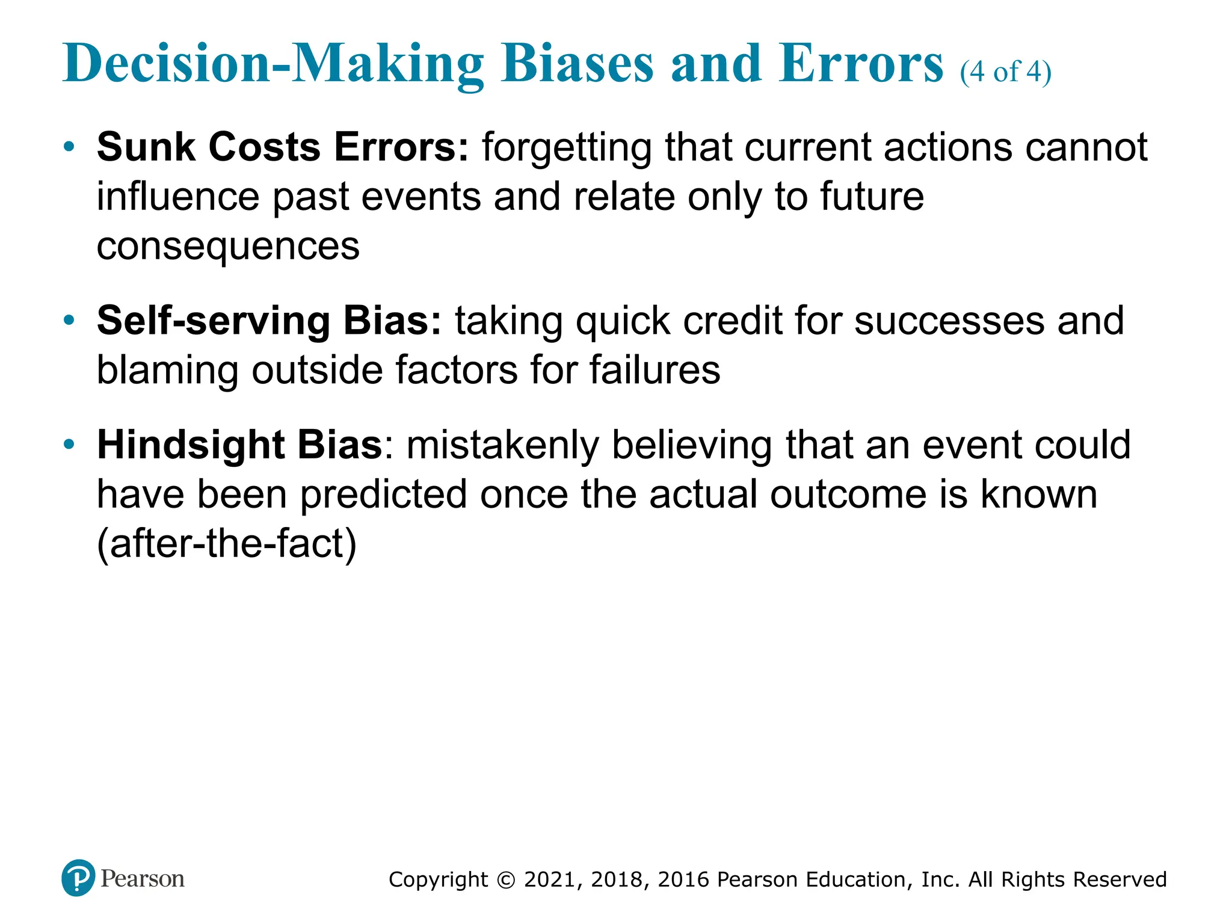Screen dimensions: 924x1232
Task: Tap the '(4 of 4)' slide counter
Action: pos(1005,72)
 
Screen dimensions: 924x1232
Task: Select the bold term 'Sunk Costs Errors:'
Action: pos(282,147)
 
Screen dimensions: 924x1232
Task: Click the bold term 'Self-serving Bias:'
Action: pos(269,321)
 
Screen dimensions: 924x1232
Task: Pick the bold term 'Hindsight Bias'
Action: pos(239,445)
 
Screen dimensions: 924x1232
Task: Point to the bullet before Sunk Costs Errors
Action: pos(70,147)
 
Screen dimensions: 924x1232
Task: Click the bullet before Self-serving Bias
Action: pos(70,320)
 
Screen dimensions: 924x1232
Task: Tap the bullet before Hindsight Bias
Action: pos(70,445)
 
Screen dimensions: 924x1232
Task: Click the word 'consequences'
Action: pos(228,247)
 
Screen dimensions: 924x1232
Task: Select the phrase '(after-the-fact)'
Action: pos(227,544)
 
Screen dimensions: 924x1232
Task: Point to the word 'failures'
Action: pos(654,370)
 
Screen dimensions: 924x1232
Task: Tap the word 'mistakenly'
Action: pos(503,445)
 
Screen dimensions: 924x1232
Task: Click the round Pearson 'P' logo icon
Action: pos(78,878)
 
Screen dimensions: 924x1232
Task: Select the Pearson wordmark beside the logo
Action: pos(143,879)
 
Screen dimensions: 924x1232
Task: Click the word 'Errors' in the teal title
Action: pos(860,64)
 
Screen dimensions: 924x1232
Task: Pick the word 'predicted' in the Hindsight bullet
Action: pos(383,494)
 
